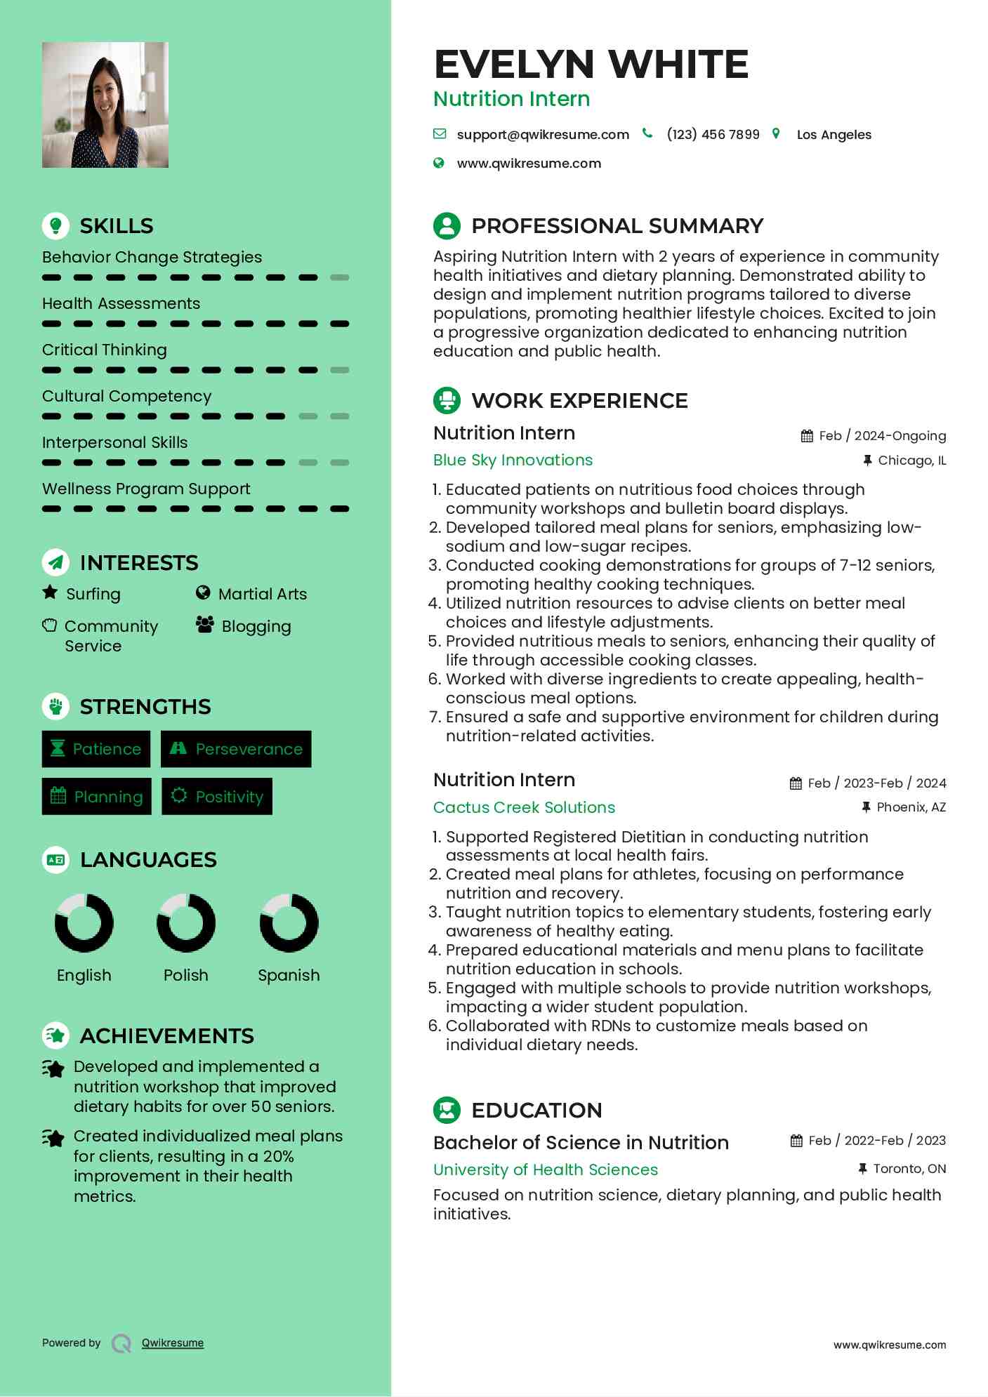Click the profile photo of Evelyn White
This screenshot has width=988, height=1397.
tap(105, 105)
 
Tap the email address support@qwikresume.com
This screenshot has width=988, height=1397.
tap(542, 135)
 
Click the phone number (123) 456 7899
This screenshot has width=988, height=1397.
tap(713, 135)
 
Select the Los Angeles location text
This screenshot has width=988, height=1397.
tap(834, 135)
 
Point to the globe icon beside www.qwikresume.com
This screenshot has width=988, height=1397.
tap(439, 164)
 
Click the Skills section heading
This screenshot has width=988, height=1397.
tap(116, 226)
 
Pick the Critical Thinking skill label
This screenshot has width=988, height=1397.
tap(105, 350)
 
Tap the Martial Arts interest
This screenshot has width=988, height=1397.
tap(262, 594)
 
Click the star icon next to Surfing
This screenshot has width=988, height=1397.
tap(50, 592)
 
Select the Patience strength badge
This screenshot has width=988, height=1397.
tap(96, 749)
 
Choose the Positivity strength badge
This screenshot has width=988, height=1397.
tap(217, 797)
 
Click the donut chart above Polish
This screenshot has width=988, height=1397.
tap(186, 922)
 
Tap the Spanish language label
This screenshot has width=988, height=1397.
tap(289, 975)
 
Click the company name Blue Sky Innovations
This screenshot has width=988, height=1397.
tap(513, 460)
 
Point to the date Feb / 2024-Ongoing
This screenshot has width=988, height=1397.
tap(882, 436)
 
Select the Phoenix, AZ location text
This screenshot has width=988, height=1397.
tap(911, 807)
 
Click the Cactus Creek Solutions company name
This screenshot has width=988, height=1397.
tap(524, 807)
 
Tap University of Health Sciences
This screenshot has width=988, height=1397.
tap(546, 1170)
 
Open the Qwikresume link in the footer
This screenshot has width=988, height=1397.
tap(173, 1343)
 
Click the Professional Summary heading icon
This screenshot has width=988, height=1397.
tap(447, 226)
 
